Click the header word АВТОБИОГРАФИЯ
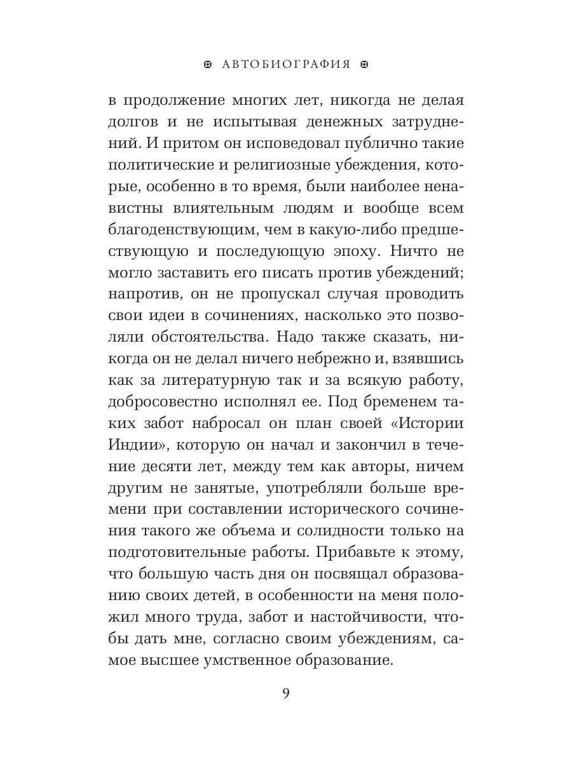[286, 64]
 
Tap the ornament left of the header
[207, 64]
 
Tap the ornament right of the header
[364, 64]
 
